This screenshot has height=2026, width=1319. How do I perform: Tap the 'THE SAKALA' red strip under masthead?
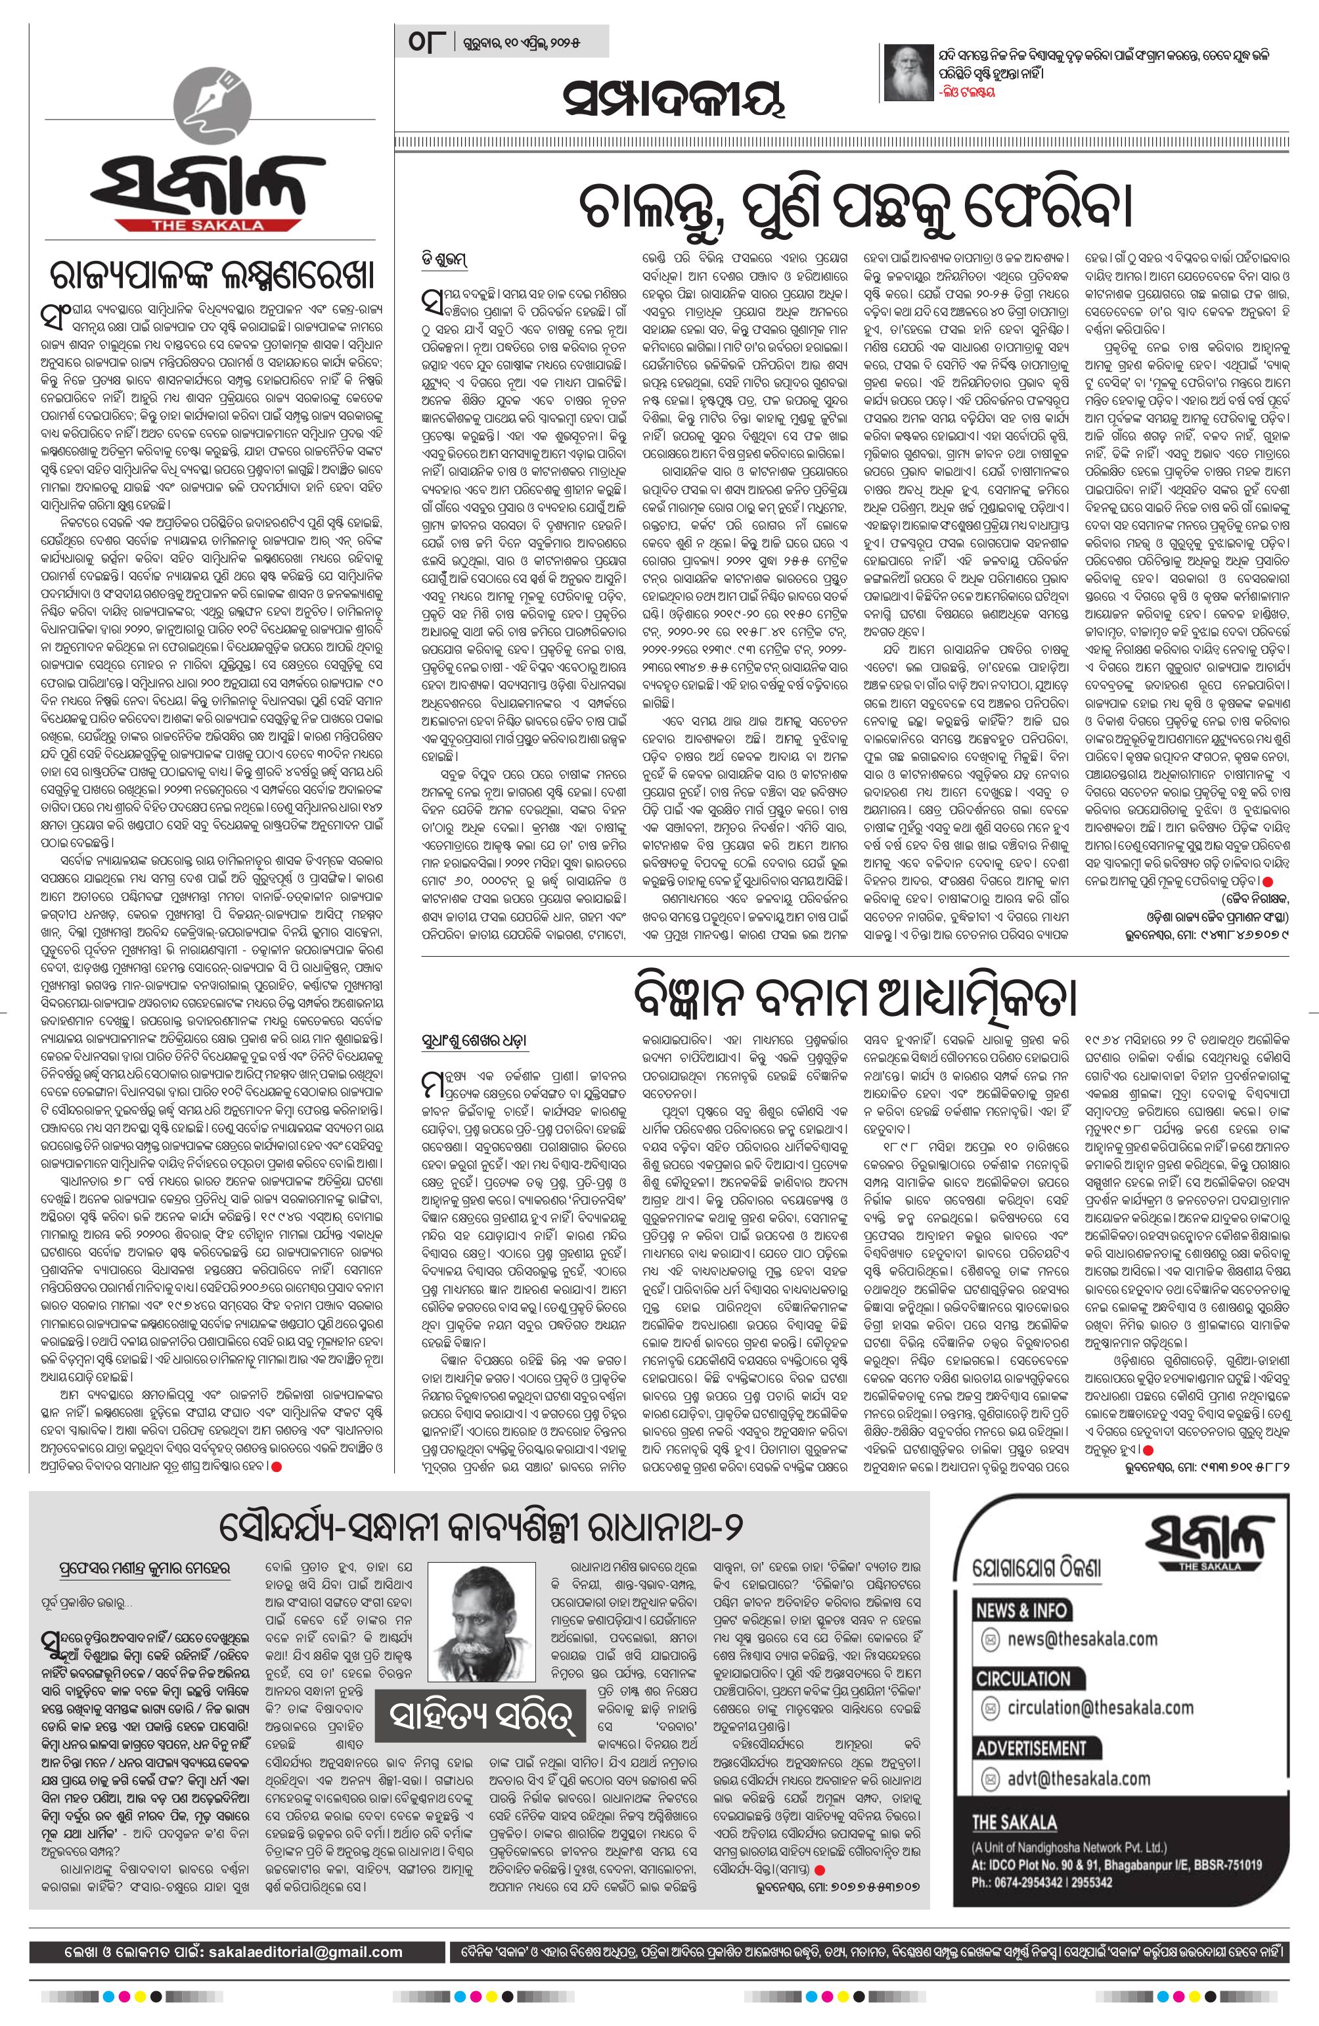click(210, 225)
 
